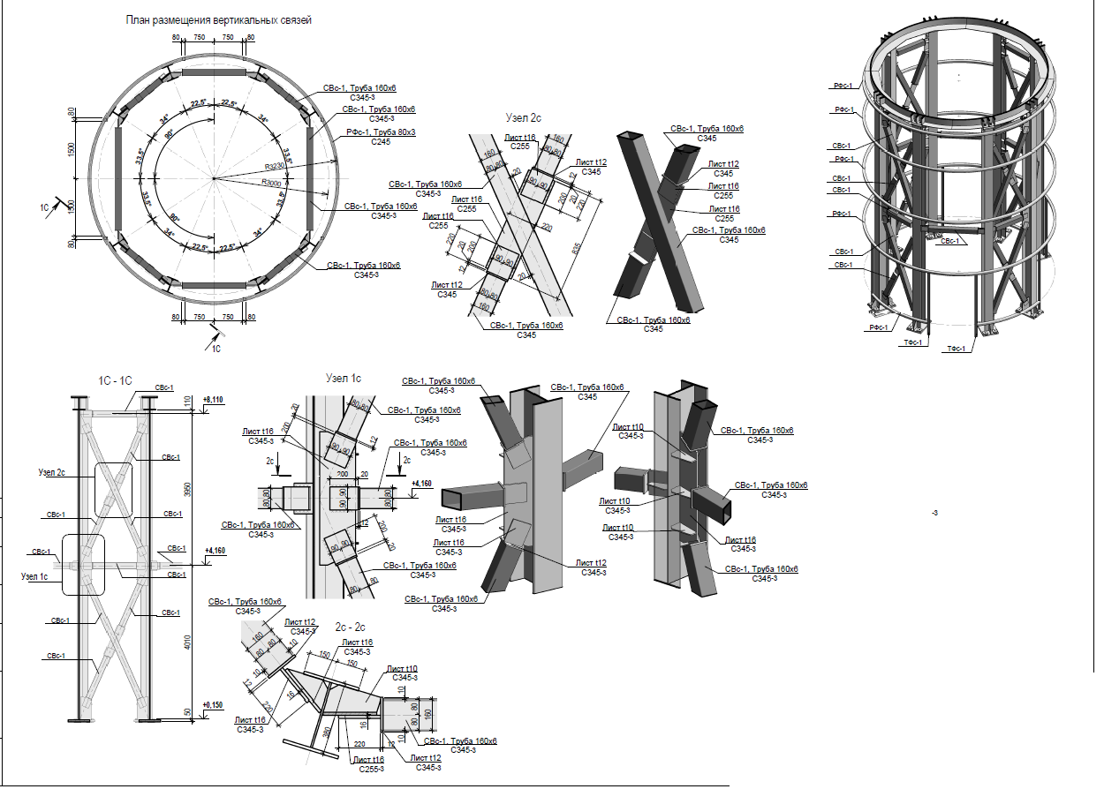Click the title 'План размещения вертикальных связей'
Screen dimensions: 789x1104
(x=218, y=19)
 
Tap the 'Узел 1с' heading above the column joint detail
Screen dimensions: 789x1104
(x=344, y=378)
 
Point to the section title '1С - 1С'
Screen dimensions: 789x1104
(x=115, y=380)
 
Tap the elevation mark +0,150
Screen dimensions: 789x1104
(x=213, y=704)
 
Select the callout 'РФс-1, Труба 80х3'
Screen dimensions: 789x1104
(x=380, y=132)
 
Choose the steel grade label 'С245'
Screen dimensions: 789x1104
(x=381, y=141)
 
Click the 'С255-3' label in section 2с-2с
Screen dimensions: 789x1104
(x=370, y=769)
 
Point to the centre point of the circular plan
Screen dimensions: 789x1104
(x=214, y=179)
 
